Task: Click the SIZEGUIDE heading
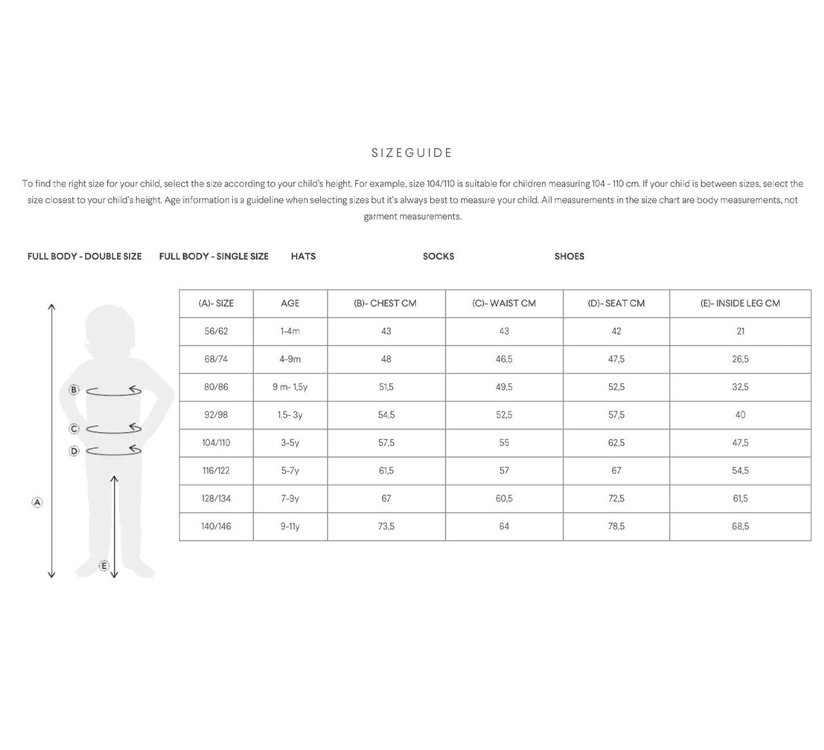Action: pos(412,153)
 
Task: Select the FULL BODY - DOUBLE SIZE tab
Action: pos(84,256)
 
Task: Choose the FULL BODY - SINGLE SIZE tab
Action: pos(214,256)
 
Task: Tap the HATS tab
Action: pos(303,256)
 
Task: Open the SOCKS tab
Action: pos(438,256)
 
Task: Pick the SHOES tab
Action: pos(569,256)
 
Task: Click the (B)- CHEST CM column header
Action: pos(386,303)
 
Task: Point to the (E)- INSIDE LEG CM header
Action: pos(740,303)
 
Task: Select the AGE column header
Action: pos(290,303)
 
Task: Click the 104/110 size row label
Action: pos(216,443)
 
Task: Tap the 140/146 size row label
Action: pos(216,527)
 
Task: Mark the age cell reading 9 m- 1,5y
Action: pos(290,387)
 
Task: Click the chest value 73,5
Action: pos(386,527)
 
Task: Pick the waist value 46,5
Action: pos(503,359)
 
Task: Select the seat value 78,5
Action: pos(616,527)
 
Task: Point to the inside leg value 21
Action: pos(740,331)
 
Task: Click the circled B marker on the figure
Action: pos(74,390)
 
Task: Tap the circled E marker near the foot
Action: pos(104,566)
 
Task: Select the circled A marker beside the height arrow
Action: pos(37,502)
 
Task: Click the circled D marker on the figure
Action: pos(74,451)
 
